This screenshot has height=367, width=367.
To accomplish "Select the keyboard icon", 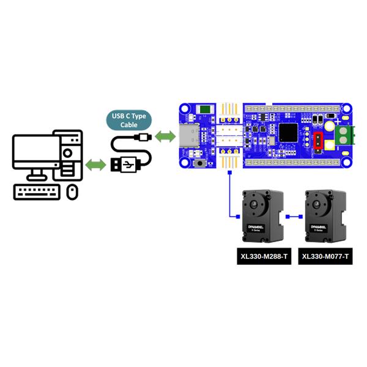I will pos(37,192).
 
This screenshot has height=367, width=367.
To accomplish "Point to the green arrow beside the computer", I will pos(95,165).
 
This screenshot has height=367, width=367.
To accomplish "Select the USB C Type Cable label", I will pos(129,120).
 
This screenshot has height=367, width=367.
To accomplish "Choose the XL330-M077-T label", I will pos(325,257).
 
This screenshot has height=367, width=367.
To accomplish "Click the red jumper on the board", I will pos(318,141).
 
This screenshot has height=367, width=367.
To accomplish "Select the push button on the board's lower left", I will pos(199,164).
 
